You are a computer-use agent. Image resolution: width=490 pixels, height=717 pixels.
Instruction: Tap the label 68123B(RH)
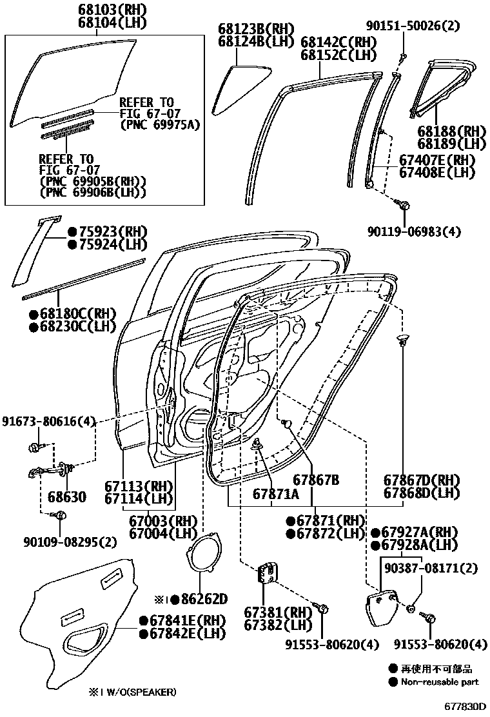pos(255,29)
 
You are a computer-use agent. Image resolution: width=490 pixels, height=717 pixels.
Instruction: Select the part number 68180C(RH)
pos(76,314)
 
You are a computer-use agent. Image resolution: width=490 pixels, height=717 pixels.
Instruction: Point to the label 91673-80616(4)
pos(48,421)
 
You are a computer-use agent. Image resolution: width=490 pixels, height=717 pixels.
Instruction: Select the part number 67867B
pos(316,480)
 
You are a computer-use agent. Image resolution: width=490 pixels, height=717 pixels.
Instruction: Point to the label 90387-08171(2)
pos(431,568)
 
